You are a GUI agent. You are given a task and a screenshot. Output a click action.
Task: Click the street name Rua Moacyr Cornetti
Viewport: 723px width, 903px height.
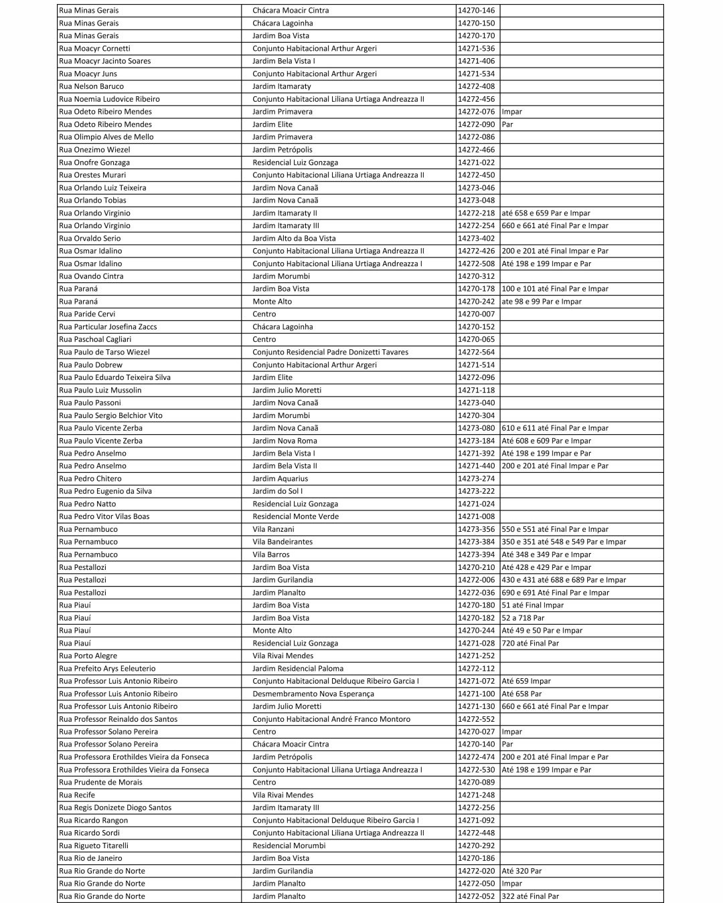click(x=94, y=48)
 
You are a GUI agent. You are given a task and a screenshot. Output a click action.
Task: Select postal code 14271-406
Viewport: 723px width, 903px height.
click(x=476, y=61)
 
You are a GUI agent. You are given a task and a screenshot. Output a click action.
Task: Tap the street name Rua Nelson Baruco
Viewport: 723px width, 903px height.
click(x=91, y=86)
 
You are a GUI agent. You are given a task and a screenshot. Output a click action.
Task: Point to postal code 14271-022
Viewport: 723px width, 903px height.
click(x=476, y=163)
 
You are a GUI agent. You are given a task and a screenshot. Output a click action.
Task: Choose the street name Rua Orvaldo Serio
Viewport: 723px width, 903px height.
click(x=90, y=238)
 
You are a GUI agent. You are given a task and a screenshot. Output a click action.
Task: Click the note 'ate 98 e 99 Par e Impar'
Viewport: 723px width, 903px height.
click(x=542, y=302)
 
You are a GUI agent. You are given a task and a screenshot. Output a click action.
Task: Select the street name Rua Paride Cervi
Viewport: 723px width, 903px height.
click(x=87, y=314)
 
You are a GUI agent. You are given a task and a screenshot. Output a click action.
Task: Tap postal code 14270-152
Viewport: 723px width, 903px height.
click(x=476, y=327)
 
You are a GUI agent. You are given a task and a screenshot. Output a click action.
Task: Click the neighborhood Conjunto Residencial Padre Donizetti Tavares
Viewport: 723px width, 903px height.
click(x=330, y=353)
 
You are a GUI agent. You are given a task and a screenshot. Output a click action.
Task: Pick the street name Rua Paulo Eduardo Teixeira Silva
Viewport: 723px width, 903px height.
click(x=114, y=377)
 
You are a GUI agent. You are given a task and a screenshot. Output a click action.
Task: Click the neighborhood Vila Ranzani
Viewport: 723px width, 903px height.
click(x=273, y=529)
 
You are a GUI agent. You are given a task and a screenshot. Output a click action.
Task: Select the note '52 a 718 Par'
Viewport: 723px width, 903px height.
click(x=523, y=618)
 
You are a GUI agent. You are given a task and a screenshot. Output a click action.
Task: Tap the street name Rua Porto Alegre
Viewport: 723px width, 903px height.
click(x=88, y=656)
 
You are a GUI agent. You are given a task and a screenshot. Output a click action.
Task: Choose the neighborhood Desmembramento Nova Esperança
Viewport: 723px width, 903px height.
click(x=313, y=694)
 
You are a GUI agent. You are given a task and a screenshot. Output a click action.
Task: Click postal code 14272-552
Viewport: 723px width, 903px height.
click(x=476, y=719)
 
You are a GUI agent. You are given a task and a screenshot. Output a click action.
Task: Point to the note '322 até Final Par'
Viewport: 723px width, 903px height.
click(x=530, y=896)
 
